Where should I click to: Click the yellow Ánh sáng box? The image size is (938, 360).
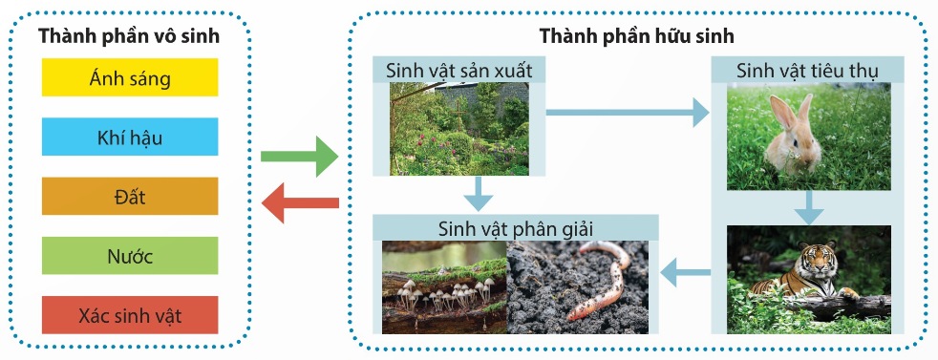(130, 77)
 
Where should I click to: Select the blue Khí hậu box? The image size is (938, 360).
(130, 137)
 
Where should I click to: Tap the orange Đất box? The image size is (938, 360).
(130, 196)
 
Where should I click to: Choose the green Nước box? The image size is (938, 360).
(130, 256)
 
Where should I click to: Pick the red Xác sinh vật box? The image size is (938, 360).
(130, 315)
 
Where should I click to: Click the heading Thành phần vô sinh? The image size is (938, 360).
(129, 36)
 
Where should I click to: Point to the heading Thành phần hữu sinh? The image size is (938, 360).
(637, 36)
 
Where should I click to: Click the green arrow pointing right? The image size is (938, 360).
(299, 157)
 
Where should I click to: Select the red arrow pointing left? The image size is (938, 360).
(300, 202)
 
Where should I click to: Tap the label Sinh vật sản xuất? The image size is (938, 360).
(458, 71)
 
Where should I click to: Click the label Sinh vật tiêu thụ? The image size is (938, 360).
(807, 71)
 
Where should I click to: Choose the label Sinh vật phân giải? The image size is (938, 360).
(515, 228)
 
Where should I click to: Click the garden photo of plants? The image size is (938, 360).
(459, 129)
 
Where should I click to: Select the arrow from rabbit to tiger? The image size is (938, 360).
(809, 207)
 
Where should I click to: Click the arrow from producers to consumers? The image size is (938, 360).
(628, 112)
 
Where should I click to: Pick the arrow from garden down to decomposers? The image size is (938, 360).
(478, 194)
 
